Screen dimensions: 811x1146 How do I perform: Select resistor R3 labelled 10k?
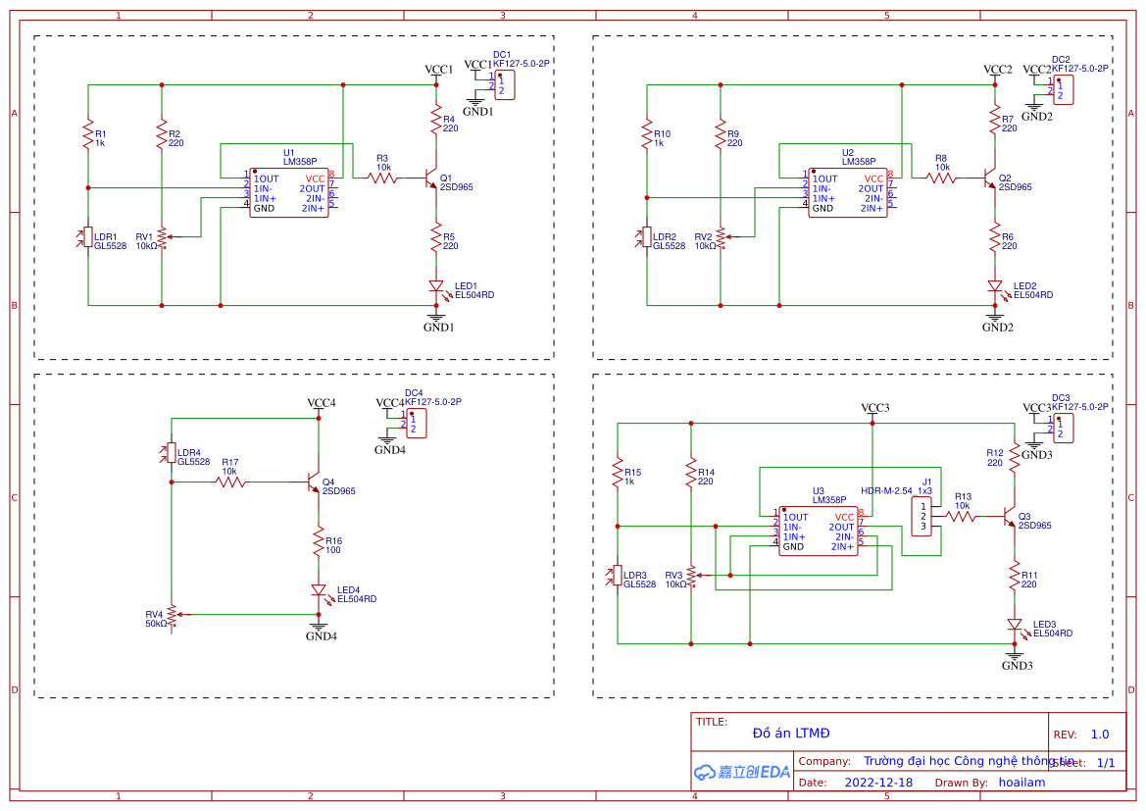383,178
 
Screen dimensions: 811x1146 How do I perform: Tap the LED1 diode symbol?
436,286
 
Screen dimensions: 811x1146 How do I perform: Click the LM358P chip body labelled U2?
849,193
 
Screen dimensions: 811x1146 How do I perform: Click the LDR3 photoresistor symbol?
618,575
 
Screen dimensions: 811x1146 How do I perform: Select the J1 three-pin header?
922,517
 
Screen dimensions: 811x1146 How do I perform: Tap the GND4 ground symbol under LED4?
318,626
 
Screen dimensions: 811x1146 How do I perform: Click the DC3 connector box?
1063,428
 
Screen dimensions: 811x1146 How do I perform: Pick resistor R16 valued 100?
319,541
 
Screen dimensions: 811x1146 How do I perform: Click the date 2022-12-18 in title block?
878,783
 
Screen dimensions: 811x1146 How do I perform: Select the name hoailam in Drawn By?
1021,783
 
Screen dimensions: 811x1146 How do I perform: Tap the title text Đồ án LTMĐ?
791,734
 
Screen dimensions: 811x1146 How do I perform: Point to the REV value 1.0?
1099,735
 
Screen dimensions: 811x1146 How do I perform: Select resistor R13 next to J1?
962,516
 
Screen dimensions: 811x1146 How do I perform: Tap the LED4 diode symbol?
319,590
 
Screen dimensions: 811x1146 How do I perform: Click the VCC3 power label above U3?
874,408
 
